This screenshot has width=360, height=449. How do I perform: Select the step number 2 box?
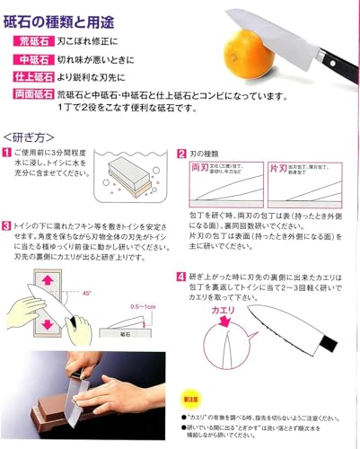[x=181, y=154]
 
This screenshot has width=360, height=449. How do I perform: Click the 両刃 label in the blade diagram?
[x=200, y=169]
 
